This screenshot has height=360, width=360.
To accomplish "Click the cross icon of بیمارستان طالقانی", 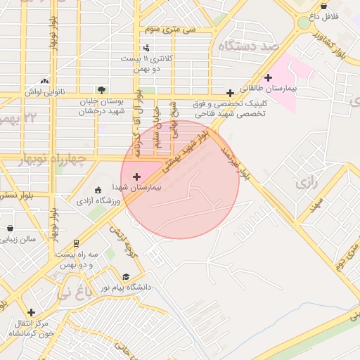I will pos(267,77).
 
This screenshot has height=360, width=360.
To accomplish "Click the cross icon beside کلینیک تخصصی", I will pos(230,93).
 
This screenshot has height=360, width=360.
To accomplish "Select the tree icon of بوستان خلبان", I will pos(102,90).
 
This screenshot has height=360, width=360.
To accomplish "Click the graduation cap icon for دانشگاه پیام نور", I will pos(126,276).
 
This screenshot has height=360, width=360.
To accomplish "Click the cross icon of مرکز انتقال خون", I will pos(31,312).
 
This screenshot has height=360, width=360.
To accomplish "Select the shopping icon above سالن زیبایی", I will pos(11,228).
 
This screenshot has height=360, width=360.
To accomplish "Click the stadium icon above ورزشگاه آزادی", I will pos(98,190).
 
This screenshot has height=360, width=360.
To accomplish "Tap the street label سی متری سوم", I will pos(169,30).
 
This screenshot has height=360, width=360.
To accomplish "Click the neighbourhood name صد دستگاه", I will pos(250,46).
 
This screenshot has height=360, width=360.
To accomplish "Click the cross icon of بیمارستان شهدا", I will pos(136,176).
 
